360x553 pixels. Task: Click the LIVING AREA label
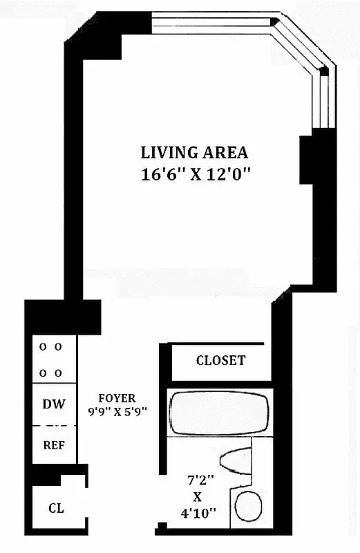pos(194,153)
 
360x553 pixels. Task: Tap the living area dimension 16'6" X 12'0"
pos(194,174)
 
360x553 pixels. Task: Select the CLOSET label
pos(220,361)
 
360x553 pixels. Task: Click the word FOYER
pos(117,398)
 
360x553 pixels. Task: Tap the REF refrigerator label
pos(53,445)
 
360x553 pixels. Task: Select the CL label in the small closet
pos(56,508)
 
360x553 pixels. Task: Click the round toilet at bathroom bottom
pos(246,506)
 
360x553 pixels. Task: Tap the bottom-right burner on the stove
pos(59,373)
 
